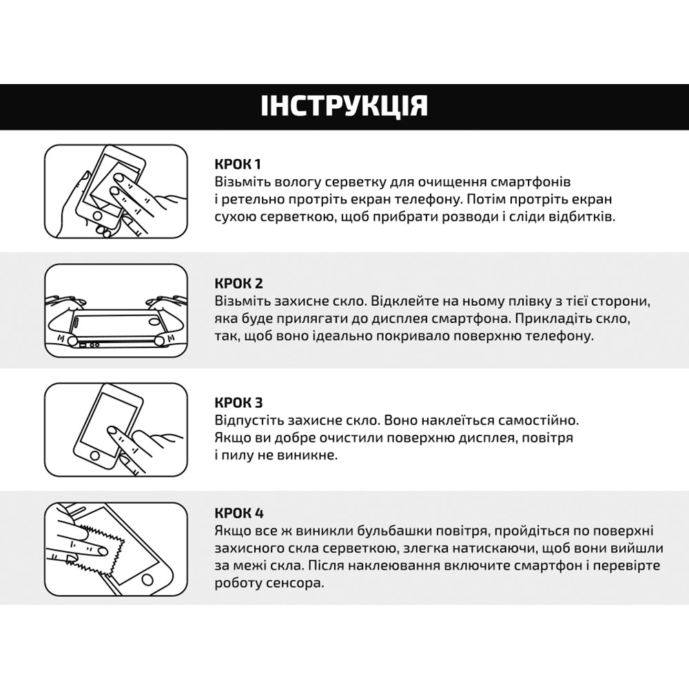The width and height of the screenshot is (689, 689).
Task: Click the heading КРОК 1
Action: point(238,165)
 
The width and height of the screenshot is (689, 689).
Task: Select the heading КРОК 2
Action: point(238,283)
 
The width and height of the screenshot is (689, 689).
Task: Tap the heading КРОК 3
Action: point(238,402)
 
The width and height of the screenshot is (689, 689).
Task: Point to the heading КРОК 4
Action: point(238,513)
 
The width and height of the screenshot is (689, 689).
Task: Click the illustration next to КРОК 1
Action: point(116,192)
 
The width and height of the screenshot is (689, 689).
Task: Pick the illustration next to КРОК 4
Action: point(116,548)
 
